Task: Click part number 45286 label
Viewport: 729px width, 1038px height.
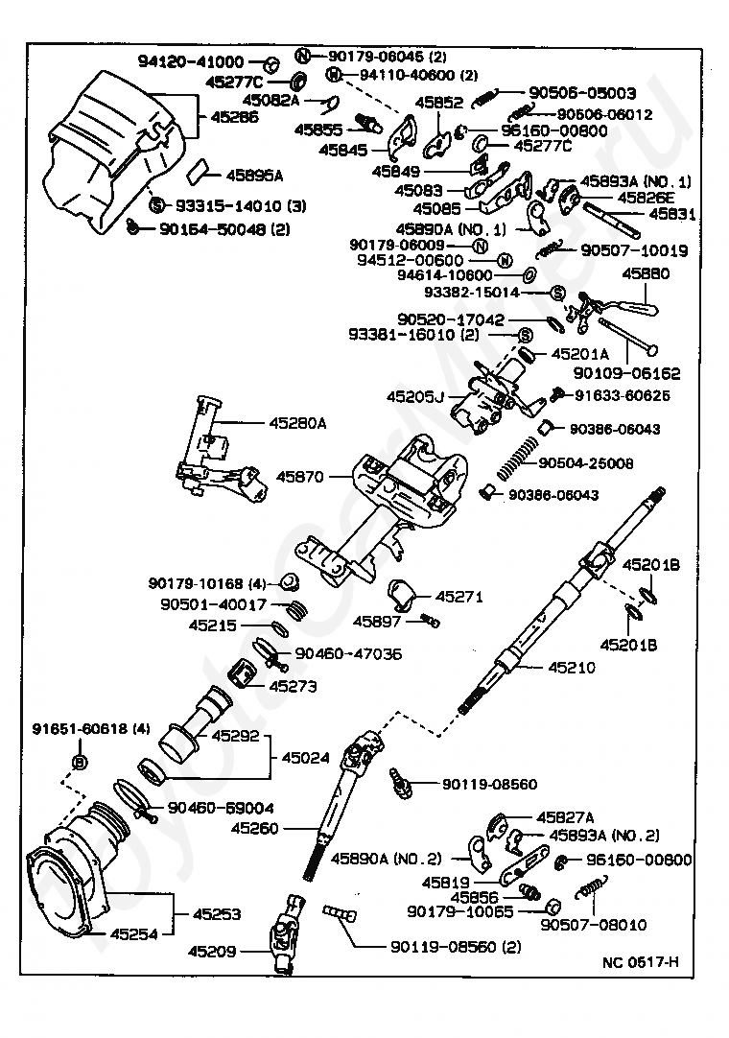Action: click(x=234, y=117)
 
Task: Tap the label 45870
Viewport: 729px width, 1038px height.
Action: click(x=300, y=476)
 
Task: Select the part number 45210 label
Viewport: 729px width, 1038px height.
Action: click(x=572, y=668)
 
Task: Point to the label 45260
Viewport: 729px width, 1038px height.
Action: click(x=255, y=828)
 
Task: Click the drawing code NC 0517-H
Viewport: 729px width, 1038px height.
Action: click(x=641, y=962)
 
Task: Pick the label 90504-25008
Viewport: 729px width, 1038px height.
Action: click(x=585, y=462)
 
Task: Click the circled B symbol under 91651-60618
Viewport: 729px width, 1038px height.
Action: click(x=79, y=762)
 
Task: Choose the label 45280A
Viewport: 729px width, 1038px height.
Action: click(x=297, y=422)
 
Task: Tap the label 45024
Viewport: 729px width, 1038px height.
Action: click(x=305, y=757)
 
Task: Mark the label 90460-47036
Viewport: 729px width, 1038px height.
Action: click(x=348, y=653)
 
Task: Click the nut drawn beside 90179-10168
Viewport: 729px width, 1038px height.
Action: click(x=290, y=582)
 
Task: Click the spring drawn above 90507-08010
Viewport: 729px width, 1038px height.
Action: click(x=592, y=886)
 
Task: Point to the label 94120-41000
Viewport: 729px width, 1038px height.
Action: click(x=191, y=61)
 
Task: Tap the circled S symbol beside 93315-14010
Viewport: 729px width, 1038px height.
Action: click(x=157, y=205)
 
